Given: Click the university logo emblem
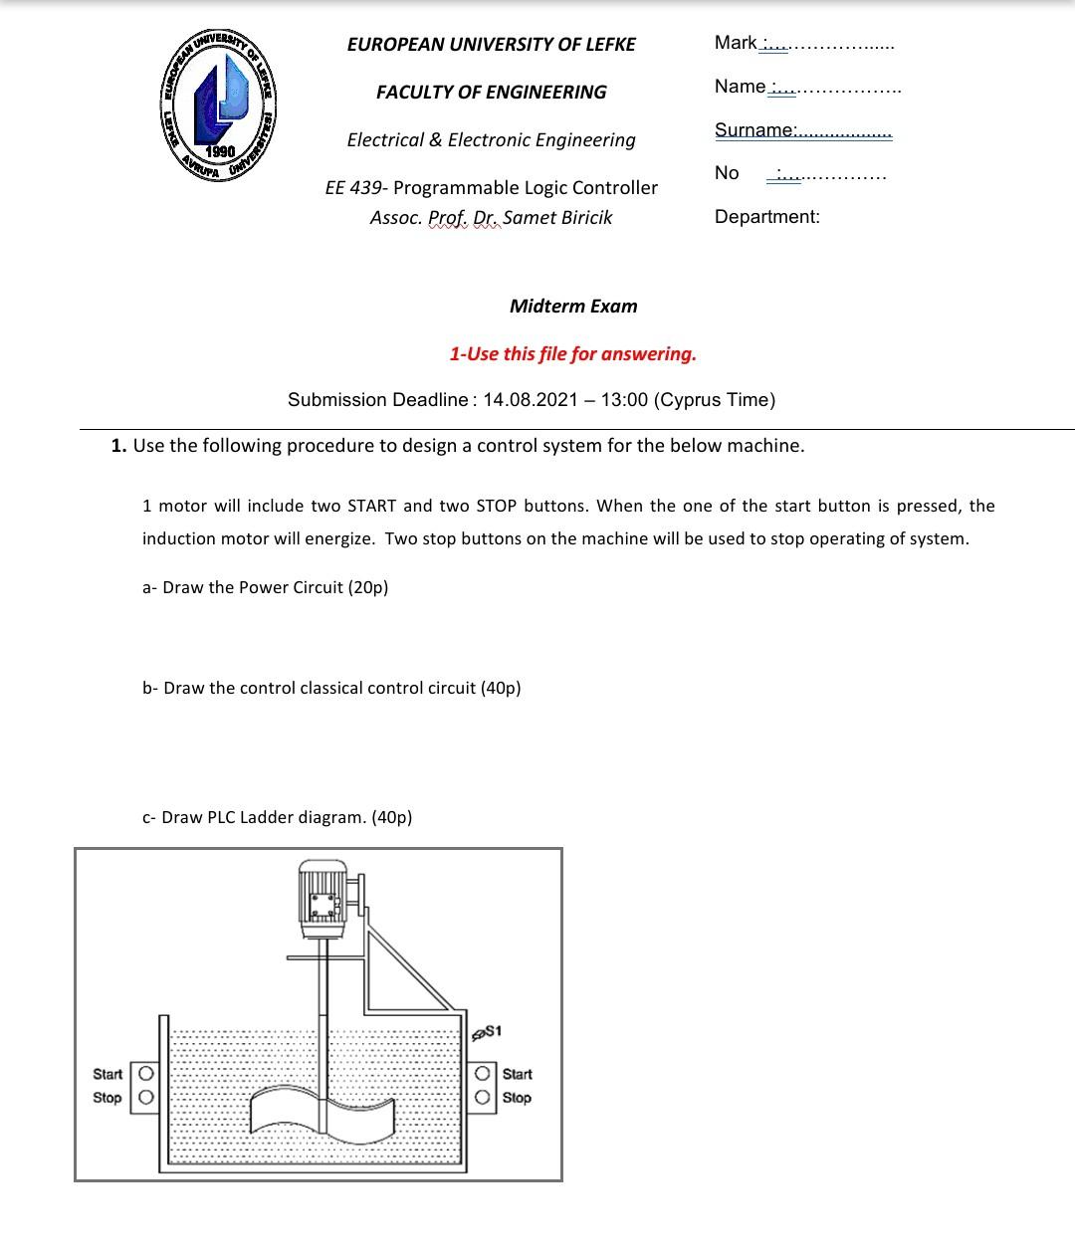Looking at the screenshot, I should coord(220,104).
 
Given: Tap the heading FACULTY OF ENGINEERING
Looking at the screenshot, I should coord(491,92).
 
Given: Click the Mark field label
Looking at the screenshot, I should coord(736,42).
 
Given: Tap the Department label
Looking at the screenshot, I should coord(766,216).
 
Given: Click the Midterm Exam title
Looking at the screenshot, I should coord(573,306).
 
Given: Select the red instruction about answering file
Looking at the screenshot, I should coord(572,353).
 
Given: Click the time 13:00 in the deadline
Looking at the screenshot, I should coord(624,400).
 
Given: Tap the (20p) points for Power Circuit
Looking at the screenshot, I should coord(367,587).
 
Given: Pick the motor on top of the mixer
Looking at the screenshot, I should coord(322,896).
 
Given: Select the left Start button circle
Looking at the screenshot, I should coord(145,1074).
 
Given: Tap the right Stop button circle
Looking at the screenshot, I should coord(483,1097).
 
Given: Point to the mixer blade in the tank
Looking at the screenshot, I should coord(322,1110).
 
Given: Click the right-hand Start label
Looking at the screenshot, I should coord(517,1074).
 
